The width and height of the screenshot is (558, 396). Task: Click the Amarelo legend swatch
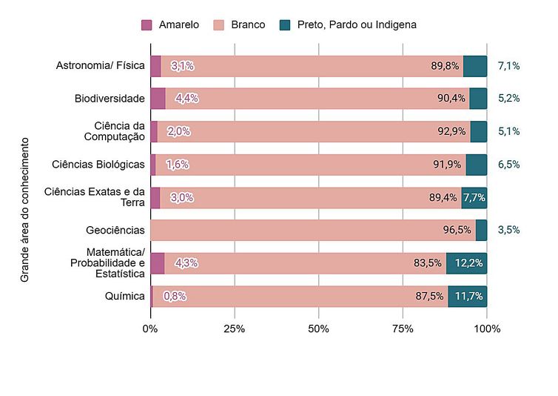(147, 24)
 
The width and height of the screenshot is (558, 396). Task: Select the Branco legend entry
(249, 24)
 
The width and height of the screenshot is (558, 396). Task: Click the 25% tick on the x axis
(234, 329)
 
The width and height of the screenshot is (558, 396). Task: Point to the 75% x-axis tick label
(403, 329)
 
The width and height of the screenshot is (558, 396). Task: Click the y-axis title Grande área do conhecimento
(24, 209)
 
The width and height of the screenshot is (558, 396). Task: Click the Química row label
(125, 297)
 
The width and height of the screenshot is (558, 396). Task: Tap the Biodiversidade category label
(110, 99)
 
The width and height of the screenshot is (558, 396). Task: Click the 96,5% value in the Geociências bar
(457, 230)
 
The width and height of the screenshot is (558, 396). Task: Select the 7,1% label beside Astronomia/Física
(508, 66)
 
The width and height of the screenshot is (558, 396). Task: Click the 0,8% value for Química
(174, 297)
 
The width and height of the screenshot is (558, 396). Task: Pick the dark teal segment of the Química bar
(467, 297)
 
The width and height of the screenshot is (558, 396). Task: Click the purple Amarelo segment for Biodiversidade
(158, 99)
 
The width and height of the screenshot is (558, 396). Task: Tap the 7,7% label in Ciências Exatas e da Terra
(474, 197)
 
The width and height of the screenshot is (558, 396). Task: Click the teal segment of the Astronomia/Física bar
(475, 66)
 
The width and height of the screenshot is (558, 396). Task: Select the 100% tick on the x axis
(486, 329)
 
